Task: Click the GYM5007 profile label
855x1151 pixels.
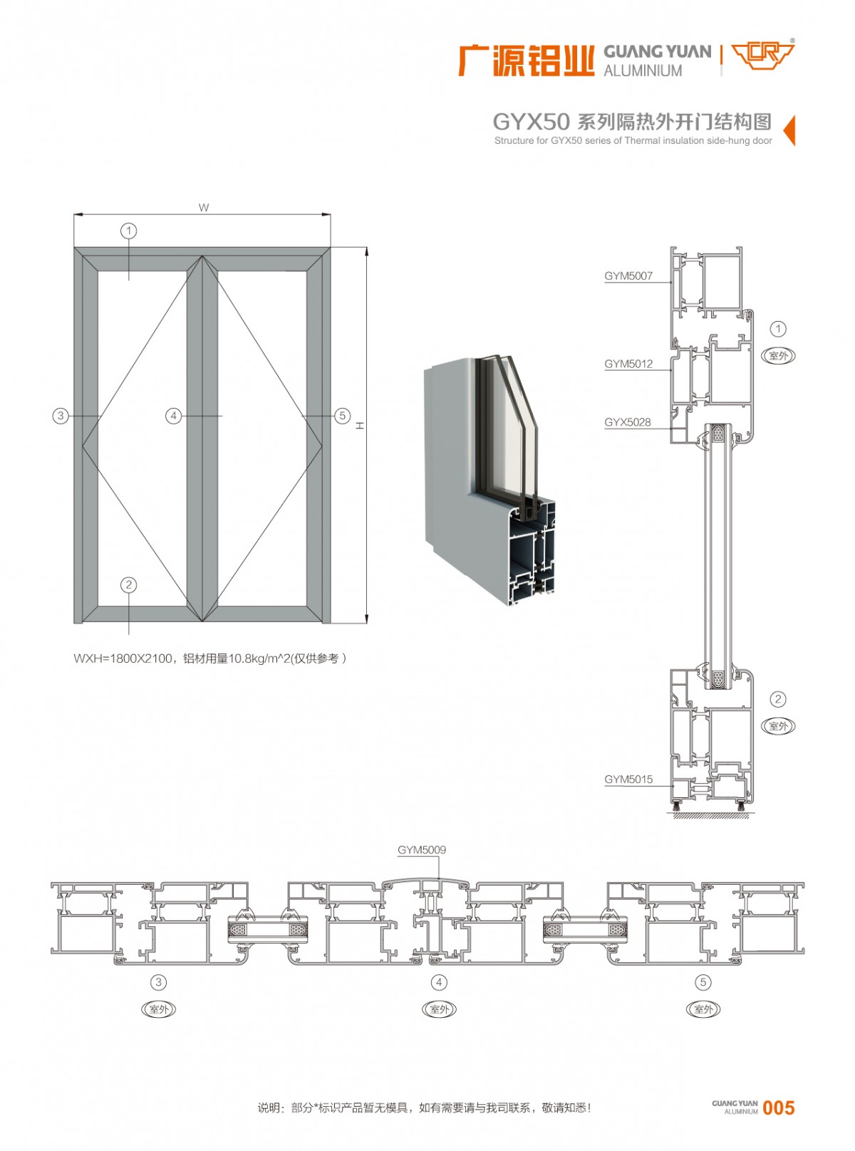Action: (x=628, y=276)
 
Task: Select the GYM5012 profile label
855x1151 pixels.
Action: (x=628, y=364)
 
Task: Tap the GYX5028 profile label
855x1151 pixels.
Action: (x=628, y=422)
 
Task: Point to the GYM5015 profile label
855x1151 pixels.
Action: (x=628, y=779)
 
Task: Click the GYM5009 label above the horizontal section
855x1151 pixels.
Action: (x=422, y=850)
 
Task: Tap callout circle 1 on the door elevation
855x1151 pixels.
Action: (x=129, y=231)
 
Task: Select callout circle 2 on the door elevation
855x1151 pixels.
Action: (x=129, y=585)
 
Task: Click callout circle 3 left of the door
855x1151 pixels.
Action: (x=61, y=416)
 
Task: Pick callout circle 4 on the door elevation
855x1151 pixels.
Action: (x=173, y=416)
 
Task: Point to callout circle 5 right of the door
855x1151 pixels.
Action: (x=343, y=416)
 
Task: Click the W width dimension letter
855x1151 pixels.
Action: (x=204, y=208)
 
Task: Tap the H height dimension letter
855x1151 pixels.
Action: (x=361, y=425)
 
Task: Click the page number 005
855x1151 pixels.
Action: (x=778, y=1108)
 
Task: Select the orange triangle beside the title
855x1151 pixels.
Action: (x=789, y=130)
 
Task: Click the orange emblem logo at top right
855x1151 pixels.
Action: (x=763, y=55)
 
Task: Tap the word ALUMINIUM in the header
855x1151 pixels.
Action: (x=643, y=71)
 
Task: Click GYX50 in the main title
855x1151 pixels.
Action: (x=531, y=122)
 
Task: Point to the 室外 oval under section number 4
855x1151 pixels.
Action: (x=440, y=1009)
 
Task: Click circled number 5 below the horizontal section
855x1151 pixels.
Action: (x=703, y=982)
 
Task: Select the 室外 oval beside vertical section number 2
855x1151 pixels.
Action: (x=778, y=726)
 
